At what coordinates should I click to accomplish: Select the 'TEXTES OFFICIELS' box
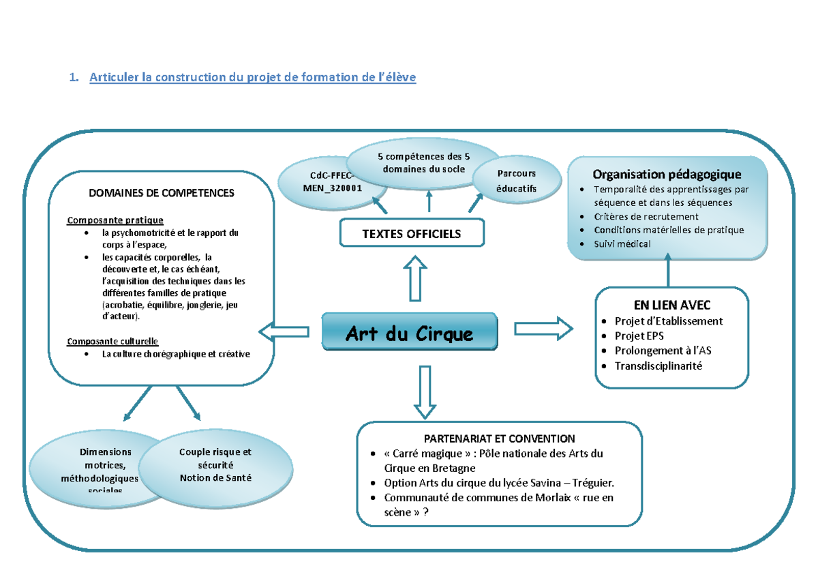point(412,234)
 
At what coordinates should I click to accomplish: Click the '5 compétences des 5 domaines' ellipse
point(423,163)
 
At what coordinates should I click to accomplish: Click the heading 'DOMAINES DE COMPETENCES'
point(162,193)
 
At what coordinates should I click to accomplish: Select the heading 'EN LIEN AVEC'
point(671,305)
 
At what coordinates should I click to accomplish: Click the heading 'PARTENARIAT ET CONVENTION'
point(499,439)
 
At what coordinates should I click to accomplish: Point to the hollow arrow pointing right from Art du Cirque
point(543,328)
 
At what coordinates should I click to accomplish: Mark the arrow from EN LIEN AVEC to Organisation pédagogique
point(668,271)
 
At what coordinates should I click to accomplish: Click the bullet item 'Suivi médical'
point(622,243)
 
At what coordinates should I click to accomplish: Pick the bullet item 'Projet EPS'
point(639,336)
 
